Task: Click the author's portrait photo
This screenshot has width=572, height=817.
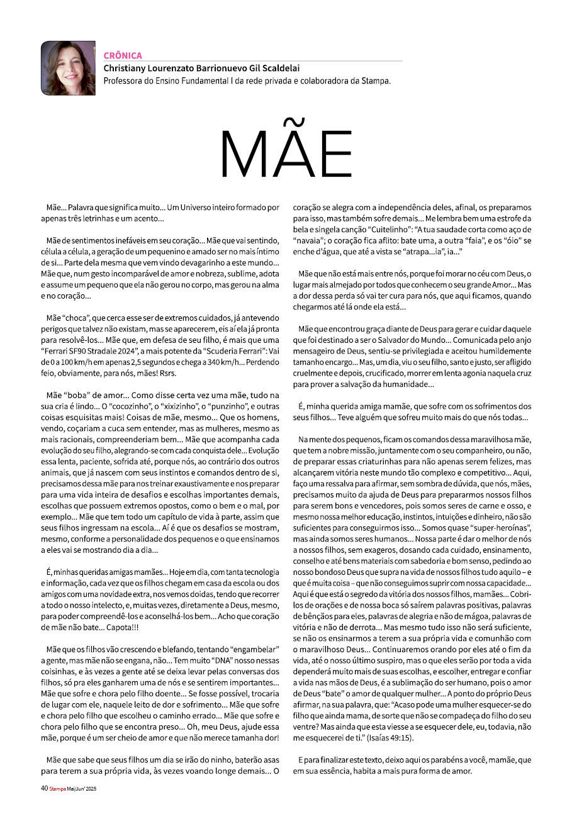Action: [68, 68]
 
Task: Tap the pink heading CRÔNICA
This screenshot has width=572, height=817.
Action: [123, 55]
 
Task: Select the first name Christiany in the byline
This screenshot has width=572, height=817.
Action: [126, 69]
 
